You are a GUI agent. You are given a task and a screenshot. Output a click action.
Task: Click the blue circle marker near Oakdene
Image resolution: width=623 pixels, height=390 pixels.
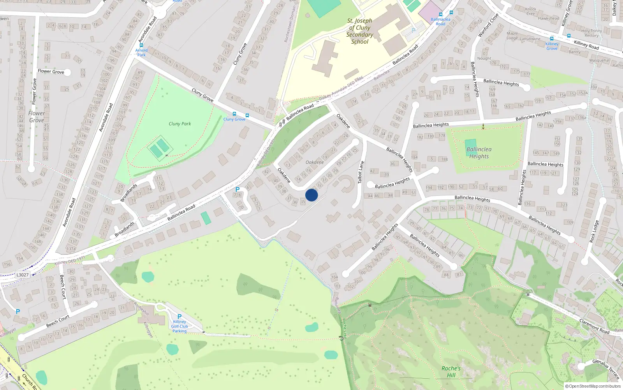pos(311,195)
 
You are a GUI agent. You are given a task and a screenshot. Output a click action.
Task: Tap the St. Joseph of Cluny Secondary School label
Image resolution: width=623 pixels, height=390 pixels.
pos(359,31)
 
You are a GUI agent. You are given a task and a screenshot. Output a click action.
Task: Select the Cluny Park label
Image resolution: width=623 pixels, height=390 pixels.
pos(180,124)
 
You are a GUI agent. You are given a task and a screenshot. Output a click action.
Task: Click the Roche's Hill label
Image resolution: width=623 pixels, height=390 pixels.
pos(451,372)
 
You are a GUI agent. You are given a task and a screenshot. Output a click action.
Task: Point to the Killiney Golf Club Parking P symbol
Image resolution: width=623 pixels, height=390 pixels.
pos(180,317)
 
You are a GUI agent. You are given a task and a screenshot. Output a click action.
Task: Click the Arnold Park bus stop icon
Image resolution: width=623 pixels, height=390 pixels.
pos(141,45)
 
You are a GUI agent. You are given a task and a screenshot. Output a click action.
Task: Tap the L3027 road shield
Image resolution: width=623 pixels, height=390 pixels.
pos(22,275)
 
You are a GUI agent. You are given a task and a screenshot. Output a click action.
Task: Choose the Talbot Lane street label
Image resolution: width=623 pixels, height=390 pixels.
pos(361,172)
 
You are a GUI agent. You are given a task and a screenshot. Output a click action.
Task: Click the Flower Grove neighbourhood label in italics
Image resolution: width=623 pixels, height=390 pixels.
pos(37,117)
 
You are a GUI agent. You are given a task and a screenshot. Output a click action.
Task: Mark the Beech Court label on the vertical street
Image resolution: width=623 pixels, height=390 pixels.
pos(62,287)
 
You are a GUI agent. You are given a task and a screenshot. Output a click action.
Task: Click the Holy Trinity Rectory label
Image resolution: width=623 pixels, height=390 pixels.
pos(591,33)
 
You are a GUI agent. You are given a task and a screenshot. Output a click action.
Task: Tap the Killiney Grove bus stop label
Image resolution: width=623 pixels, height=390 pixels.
pos(552,46)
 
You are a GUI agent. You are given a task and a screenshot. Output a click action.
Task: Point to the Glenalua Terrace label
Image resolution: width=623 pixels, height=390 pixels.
pos(606,369)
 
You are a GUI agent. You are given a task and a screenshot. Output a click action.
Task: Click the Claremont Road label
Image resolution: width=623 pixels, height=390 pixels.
pos(594,326)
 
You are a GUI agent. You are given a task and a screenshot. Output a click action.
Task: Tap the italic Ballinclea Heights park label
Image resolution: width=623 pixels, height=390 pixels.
pos(479,153)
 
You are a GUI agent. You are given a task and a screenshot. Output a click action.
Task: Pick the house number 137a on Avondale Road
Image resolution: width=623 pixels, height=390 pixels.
pos(71,249)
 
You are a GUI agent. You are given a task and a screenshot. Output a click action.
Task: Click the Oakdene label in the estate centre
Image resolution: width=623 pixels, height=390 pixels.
pos(315,162)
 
